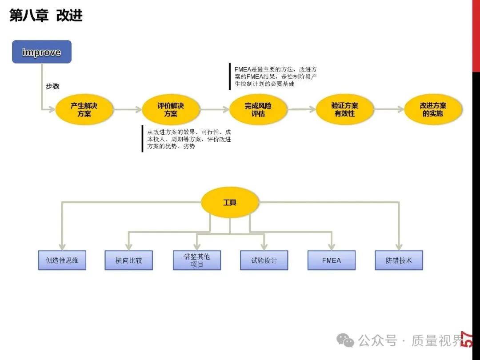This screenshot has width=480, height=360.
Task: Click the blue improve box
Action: [41, 52]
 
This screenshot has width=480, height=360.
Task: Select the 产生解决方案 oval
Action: [84, 109]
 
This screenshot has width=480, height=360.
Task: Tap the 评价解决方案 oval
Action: [171, 109]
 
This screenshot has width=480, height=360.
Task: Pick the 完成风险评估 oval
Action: [258, 109]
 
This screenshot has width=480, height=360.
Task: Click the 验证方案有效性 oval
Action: [344, 109]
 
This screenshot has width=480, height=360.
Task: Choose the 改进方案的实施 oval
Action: [433, 109]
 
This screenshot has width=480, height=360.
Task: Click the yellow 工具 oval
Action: [230, 202]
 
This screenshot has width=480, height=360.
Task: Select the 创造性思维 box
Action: [62, 260]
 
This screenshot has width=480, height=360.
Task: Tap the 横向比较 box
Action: [128, 260]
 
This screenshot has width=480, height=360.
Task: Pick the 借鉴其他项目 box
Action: [196, 260]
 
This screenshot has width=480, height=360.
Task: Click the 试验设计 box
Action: [264, 260]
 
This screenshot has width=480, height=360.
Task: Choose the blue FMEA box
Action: [332, 260]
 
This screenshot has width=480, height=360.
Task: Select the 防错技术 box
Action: [399, 260]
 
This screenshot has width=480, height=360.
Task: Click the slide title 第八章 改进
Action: [46, 16]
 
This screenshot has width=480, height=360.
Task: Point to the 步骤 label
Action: [52, 87]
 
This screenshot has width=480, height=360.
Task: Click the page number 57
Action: [467, 340]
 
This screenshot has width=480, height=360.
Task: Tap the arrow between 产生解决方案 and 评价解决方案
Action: [128, 109]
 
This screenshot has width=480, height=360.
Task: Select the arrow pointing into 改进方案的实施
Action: [389, 109]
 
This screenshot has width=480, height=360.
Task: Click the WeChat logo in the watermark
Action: [345, 340]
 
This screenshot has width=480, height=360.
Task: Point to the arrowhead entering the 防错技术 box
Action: [399, 247]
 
